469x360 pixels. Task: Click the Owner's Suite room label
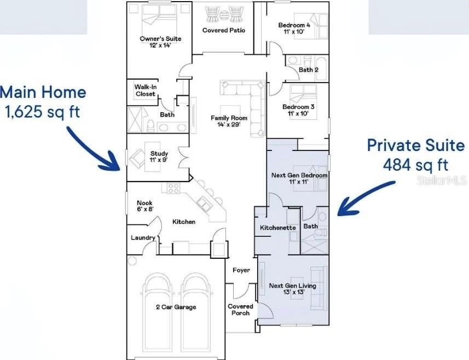[x=160, y=39]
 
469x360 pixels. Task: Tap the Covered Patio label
[x=223, y=31]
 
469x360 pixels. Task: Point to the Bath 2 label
[x=309, y=70]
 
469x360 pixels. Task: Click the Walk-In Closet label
[x=145, y=90]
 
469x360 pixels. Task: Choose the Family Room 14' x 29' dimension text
[x=229, y=124]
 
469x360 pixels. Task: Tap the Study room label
[x=159, y=154]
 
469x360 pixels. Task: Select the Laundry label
[x=143, y=238]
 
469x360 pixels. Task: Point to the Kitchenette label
[x=277, y=228]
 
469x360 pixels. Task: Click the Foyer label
[x=241, y=270]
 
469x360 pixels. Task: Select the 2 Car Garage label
[x=175, y=307]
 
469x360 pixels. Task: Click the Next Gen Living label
[x=292, y=286]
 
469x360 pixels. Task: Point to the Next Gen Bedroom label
[x=299, y=176]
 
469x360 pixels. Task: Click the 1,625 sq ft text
[x=42, y=112]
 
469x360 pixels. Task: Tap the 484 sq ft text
[x=415, y=164]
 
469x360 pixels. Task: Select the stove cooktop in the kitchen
[x=174, y=189]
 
